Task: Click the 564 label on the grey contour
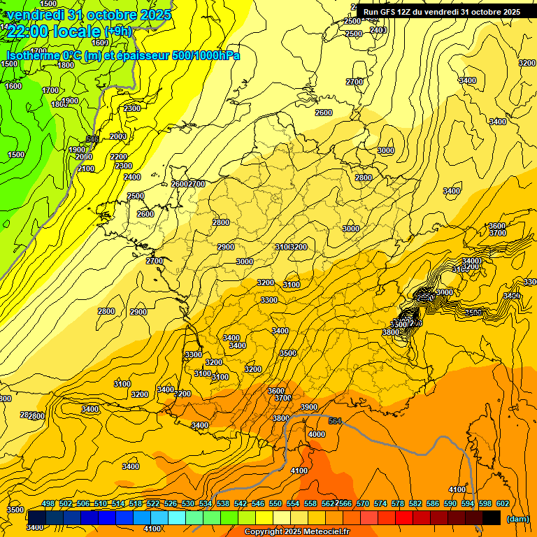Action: coord(335,421)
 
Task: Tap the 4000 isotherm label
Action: coord(317,434)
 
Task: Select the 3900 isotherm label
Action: coord(309,407)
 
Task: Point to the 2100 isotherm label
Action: coord(86,169)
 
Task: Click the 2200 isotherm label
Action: coord(119,157)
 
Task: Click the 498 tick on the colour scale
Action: coord(48,503)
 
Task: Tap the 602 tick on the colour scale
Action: coord(503,503)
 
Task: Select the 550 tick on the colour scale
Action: coord(275,503)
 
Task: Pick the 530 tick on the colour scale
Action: coord(188,503)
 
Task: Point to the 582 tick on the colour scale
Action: coord(415,503)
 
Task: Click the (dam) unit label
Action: coord(517,518)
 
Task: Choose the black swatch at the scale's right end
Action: coord(492,517)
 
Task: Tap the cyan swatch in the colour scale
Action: coord(177,517)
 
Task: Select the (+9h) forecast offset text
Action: coord(117,31)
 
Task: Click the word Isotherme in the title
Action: coord(33,55)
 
